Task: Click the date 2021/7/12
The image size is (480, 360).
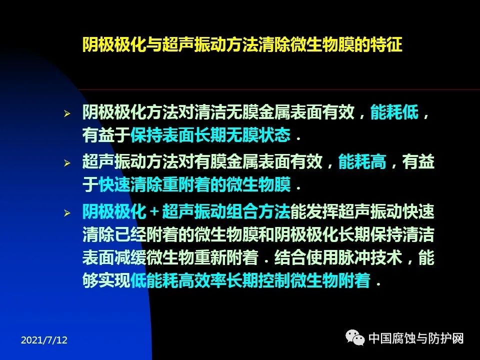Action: [x=44, y=340]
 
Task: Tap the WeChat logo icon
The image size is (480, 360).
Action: [x=355, y=337]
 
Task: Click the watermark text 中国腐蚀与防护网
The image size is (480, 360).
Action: [x=416, y=338]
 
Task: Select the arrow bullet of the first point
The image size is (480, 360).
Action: [x=67, y=114]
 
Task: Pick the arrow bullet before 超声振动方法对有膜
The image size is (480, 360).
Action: [x=67, y=163]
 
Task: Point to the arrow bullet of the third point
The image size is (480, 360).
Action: [x=67, y=213]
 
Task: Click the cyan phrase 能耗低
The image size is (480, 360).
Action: [x=394, y=112]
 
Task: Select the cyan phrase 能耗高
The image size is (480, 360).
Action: [x=362, y=161]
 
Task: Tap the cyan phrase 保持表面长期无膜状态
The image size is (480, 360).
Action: [x=210, y=135]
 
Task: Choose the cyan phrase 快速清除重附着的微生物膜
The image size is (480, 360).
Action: [x=194, y=184]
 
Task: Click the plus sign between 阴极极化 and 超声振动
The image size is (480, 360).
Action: [x=154, y=212]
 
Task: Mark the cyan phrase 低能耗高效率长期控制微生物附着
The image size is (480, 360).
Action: [x=250, y=280]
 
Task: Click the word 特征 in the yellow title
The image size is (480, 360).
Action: [x=386, y=44]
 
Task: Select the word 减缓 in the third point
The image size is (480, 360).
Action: [x=130, y=257]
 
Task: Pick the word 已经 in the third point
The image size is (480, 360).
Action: [x=130, y=234]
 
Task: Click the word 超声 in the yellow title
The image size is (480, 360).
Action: [x=178, y=44]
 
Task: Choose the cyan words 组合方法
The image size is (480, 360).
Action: [x=258, y=212]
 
